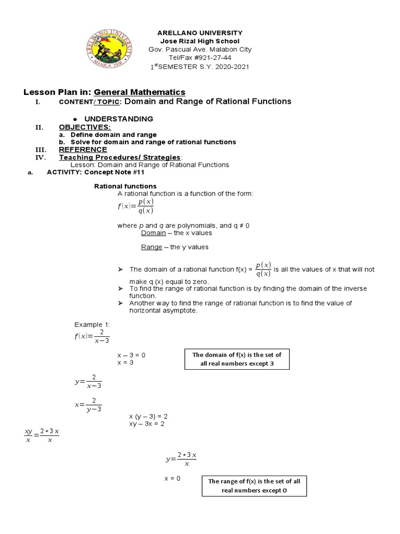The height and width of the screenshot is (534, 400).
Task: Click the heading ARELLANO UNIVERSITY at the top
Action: [x=199, y=33]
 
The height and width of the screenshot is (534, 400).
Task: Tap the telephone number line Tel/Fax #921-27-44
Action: [x=199, y=57]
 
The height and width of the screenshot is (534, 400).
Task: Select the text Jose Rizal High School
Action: [x=199, y=41]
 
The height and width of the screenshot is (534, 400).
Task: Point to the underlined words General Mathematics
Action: [x=140, y=92]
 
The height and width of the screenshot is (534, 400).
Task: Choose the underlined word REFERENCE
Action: [x=83, y=149]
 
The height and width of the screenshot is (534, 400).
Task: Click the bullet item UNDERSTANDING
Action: [x=119, y=119]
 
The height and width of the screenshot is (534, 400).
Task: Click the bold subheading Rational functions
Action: [x=124, y=186]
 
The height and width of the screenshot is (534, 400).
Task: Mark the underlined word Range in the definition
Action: [x=152, y=247]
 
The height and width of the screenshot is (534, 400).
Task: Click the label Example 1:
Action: [x=89, y=324]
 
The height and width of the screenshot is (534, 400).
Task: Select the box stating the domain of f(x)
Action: [x=236, y=359]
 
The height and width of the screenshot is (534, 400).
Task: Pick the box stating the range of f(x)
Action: [x=254, y=486]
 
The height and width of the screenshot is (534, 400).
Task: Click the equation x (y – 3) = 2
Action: [x=148, y=417]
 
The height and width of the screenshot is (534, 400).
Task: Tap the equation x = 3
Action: [x=126, y=362]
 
